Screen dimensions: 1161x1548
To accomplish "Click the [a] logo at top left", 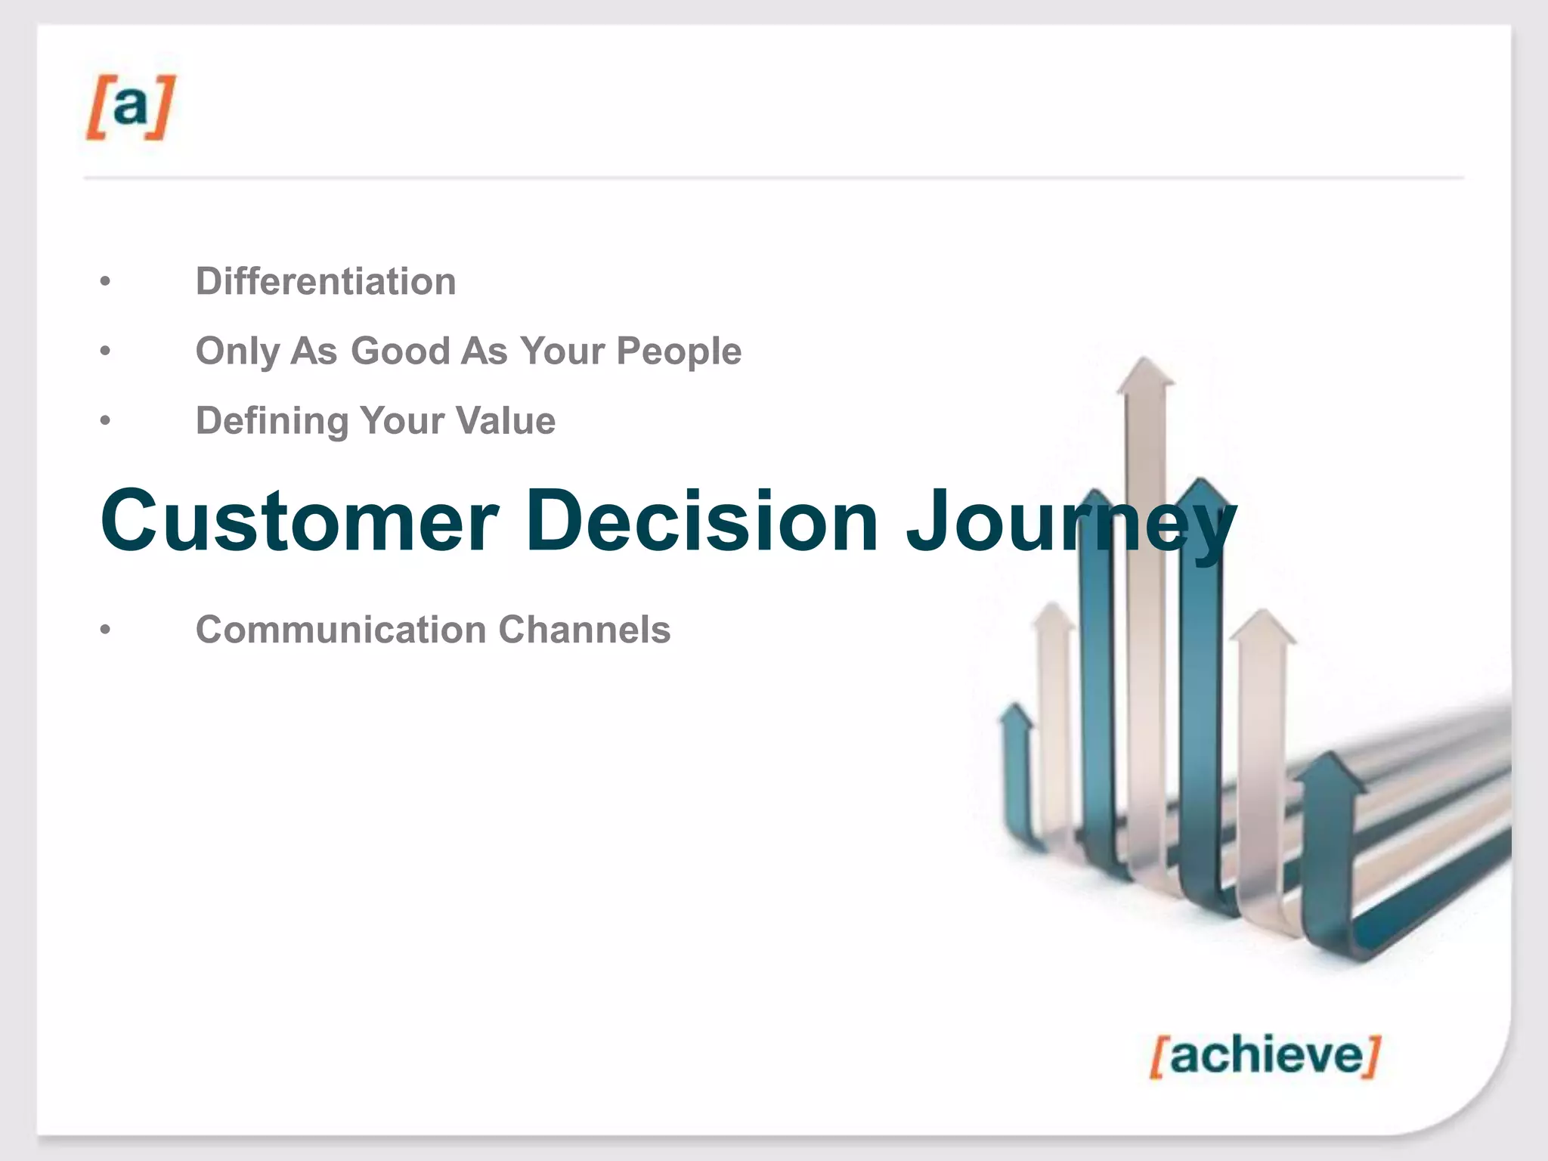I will click(130, 107).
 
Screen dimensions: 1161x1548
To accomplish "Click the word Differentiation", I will click(326, 281).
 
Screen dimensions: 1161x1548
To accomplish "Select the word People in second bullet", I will click(678, 351).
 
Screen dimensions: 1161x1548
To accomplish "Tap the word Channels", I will click(584, 630).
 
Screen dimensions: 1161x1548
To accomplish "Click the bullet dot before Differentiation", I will click(105, 282).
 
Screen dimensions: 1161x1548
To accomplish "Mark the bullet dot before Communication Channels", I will click(105, 630).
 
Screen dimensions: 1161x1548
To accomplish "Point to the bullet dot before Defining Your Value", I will click(105, 421).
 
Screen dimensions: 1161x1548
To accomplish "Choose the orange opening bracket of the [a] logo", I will click(96, 107).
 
